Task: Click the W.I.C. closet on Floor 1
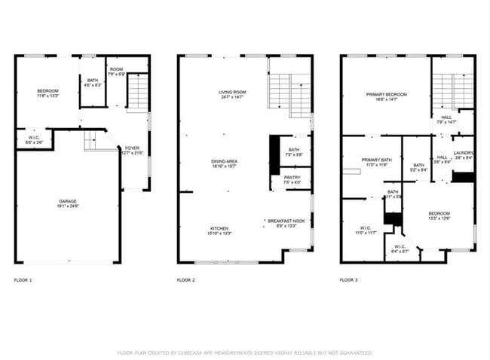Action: click(x=34, y=139)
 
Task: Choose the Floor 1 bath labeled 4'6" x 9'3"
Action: click(x=92, y=82)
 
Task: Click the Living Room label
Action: click(x=233, y=94)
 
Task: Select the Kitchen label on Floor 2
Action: click(x=219, y=230)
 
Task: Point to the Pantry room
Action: click(x=292, y=180)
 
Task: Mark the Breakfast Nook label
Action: click(x=287, y=223)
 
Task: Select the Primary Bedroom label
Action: click(x=386, y=96)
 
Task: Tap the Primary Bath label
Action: click(x=376, y=162)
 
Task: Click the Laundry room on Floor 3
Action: click(x=463, y=155)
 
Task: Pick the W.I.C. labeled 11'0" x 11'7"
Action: click(x=366, y=230)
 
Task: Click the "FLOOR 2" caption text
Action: click(x=185, y=280)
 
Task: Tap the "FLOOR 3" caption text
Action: click(x=348, y=280)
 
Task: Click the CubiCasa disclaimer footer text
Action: click(x=245, y=352)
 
